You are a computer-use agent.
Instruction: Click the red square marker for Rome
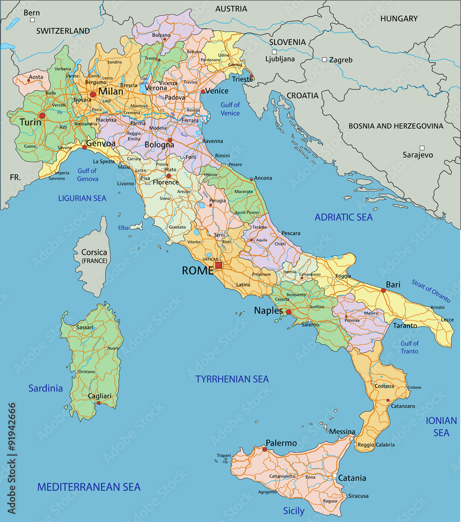click(219, 265)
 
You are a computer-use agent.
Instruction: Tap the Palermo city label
click(281, 443)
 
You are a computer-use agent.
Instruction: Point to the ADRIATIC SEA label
click(344, 217)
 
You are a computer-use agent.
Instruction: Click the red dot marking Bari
click(384, 291)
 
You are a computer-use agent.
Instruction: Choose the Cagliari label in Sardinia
click(100, 396)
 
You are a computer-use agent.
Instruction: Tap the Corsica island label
click(94, 253)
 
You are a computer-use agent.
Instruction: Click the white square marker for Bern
click(32, 20)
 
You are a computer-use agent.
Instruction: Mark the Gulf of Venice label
click(230, 109)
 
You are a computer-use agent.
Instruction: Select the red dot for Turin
click(42, 116)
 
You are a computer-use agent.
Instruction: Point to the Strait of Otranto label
click(430, 291)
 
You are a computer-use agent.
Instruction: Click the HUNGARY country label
click(399, 19)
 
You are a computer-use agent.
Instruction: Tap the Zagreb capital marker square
click(324, 60)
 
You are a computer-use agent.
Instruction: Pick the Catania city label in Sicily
click(352, 478)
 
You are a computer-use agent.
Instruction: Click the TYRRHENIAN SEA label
click(232, 379)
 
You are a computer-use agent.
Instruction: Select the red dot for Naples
click(288, 312)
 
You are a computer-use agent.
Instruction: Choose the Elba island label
click(123, 228)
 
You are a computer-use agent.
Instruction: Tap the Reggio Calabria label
click(375, 445)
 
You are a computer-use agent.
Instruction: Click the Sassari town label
click(85, 327)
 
